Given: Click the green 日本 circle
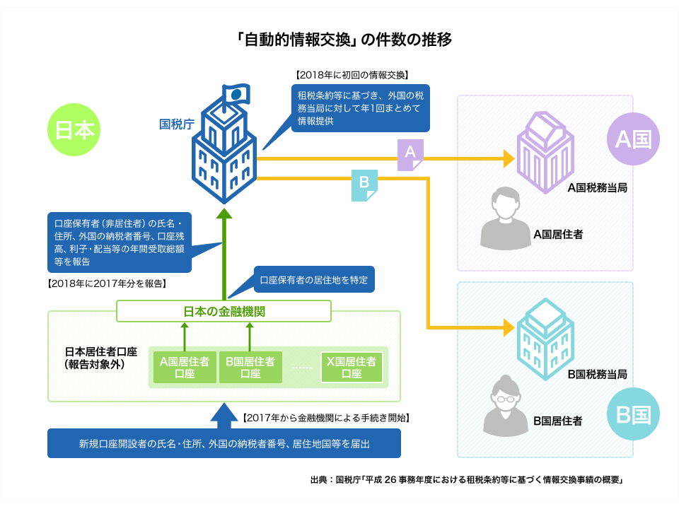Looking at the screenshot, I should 74,131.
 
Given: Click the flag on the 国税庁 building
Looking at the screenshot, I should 236,93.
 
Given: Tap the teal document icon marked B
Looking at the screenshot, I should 364,185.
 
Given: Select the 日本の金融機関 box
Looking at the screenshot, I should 224,310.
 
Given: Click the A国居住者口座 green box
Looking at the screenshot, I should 185,367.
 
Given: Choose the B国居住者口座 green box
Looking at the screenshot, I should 250,367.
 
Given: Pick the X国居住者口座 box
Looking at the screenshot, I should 352,367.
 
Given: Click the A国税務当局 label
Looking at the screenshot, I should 598,189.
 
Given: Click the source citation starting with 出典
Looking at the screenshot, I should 465,479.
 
